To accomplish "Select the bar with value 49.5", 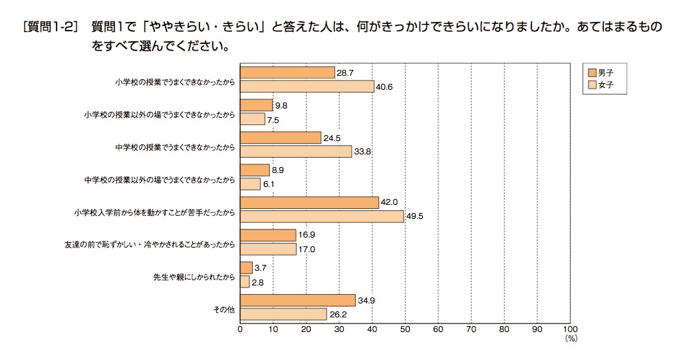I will tap(322, 216).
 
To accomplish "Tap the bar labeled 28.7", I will tap(287, 73).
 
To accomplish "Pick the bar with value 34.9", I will tap(297, 301).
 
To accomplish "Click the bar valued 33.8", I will tap(296, 152).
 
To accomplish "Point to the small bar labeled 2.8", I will tap(245, 281).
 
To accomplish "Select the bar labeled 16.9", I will tap(268, 236).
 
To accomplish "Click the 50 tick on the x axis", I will tap(405, 329).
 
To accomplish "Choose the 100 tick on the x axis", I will tap(569, 329).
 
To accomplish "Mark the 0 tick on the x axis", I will tap(240, 329).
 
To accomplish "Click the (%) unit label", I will tap(569, 339).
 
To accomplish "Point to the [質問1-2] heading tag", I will tap(51, 27).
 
